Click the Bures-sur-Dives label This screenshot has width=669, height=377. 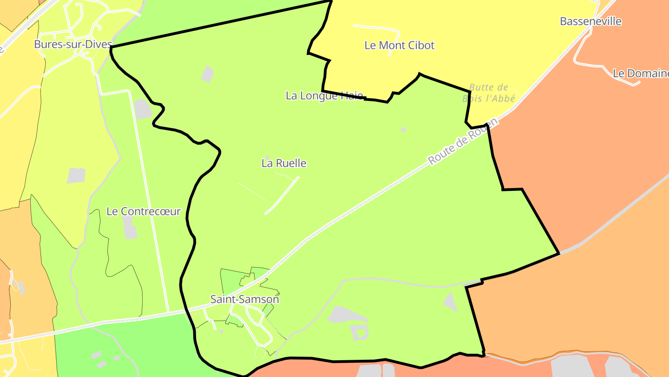coord(73,44)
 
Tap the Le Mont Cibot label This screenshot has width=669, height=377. coord(399,45)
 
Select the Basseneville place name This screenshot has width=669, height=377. coord(590,21)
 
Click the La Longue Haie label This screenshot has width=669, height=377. coord(324,96)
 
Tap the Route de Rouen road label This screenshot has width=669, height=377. coord(462,141)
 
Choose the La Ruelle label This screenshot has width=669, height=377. coord(284,163)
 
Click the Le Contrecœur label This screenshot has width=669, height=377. coord(143,211)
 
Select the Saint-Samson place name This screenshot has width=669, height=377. coord(244,299)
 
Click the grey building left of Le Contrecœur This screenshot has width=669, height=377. coord(76,175)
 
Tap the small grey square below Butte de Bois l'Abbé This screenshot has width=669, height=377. coord(403,129)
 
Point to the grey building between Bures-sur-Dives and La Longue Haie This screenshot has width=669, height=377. coord(208,74)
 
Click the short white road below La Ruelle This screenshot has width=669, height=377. coord(282,195)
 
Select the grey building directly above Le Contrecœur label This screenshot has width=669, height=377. coord(143,109)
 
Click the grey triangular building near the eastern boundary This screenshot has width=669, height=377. coord(450,302)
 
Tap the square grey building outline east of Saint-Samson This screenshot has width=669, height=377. coord(360,332)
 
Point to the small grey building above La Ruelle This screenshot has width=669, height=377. coord(267,157)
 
